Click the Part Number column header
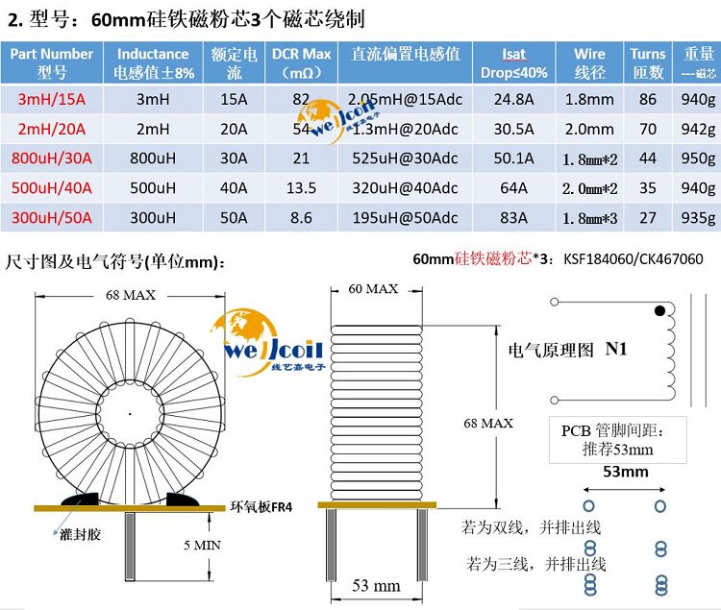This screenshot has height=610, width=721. pos(52,62)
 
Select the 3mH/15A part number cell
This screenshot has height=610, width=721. pos(52,99)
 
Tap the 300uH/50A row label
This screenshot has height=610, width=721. pos(52,218)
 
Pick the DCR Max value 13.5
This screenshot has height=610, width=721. pos(301,188)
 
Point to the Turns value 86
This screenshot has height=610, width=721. pos(647,99)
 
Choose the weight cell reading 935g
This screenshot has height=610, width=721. pos(698,218)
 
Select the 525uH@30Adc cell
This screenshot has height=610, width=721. pos(404,159)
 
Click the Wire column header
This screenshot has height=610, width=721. pos(590,62)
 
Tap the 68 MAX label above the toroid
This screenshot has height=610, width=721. pos(131,296)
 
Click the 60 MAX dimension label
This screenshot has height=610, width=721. pos(372,288)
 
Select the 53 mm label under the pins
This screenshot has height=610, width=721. pos(376,586)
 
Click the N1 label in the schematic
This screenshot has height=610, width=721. pos(615,350)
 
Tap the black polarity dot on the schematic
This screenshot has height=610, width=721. pos(659,310)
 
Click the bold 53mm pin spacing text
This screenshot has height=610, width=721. pos(625,472)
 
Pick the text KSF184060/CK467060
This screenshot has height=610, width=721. pos(633,258)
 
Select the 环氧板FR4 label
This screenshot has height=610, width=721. pos(261,507)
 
